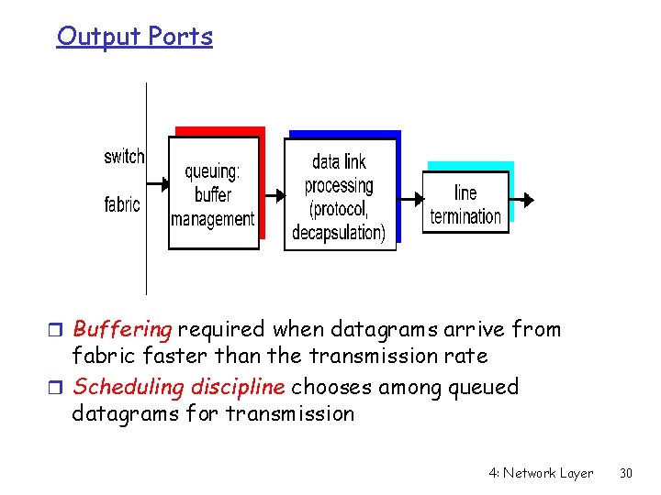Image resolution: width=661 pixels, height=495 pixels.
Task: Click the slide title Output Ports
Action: [x=134, y=37]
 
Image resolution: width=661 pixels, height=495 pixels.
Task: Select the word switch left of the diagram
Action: [x=124, y=157]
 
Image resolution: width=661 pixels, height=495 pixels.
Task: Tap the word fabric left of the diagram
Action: [x=122, y=204]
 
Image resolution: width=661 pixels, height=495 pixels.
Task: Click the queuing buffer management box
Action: [x=213, y=193]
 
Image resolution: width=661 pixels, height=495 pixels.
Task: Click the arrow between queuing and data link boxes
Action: [x=271, y=193]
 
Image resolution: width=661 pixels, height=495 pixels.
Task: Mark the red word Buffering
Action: [x=122, y=329]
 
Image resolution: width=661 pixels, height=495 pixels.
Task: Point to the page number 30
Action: [x=627, y=473]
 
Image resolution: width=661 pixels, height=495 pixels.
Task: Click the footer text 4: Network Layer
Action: [x=541, y=473]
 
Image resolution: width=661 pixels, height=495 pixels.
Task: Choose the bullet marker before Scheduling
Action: [x=61, y=388]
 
